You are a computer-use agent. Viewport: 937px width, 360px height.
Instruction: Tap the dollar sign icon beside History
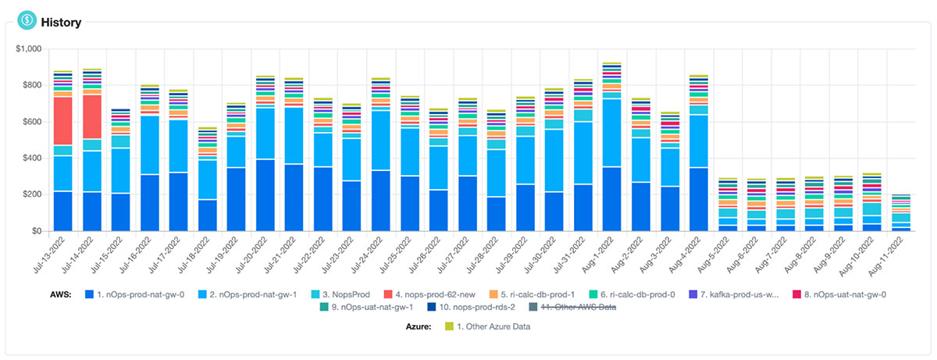[x=29, y=20]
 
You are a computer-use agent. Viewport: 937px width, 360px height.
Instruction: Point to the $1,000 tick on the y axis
[x=27, y=49]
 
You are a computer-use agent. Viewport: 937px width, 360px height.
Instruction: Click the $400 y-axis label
[x=31, y=159]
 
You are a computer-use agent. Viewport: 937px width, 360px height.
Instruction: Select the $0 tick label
[x=35, y=231]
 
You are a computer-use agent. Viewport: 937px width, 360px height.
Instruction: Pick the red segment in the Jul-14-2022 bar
[x=92, y=117]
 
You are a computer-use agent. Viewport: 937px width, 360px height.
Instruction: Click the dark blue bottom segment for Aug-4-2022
[x=699, y=199]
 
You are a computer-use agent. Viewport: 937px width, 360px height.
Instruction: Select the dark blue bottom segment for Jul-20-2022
[x=265, y=195]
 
